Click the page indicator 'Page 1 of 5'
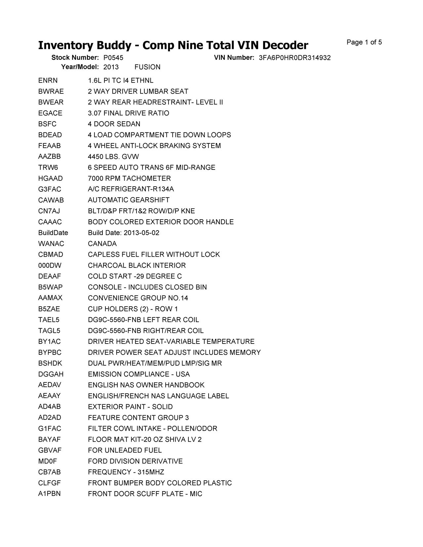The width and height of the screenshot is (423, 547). pyautogui.click(x=364, y=42)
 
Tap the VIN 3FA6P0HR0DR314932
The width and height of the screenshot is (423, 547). pyautogui.click(x=295, y=58)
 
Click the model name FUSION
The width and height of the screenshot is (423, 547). pyautogui.click(x=147, y=67)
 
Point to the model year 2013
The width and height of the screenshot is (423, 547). pyautogui.click(x=111, y=67)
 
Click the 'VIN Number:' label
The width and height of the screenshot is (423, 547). pyautogui.click(x=234, y=58)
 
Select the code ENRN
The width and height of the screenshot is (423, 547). pyautogui.click(x=48, y=81)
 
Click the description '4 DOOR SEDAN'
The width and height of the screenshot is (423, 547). pyautogui.click(x=114, y=124)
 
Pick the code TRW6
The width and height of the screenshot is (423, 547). pyautogui.click(x=48, y=167)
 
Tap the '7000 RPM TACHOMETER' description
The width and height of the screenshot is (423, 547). pyautogui.click(x=129, y=178)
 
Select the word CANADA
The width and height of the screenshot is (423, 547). pyautogui.click(x=102, y=244)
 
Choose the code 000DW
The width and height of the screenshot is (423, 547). pyautogui.click(x=50, y=266)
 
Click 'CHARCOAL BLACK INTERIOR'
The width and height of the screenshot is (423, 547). pyautogui.click(x=137, y=266)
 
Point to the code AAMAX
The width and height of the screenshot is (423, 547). pyautogui.click(x=50, y=298)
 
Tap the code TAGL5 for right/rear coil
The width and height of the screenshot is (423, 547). pyautogui.click(x=49, y=331)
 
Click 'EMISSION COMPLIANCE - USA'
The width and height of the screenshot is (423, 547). pyautogui.click(x=139, y=374)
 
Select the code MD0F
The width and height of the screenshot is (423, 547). pyautogui.click(x=48, y=461)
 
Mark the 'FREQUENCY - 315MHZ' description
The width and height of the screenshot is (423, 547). pyautogui.click(x=126, y=472)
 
